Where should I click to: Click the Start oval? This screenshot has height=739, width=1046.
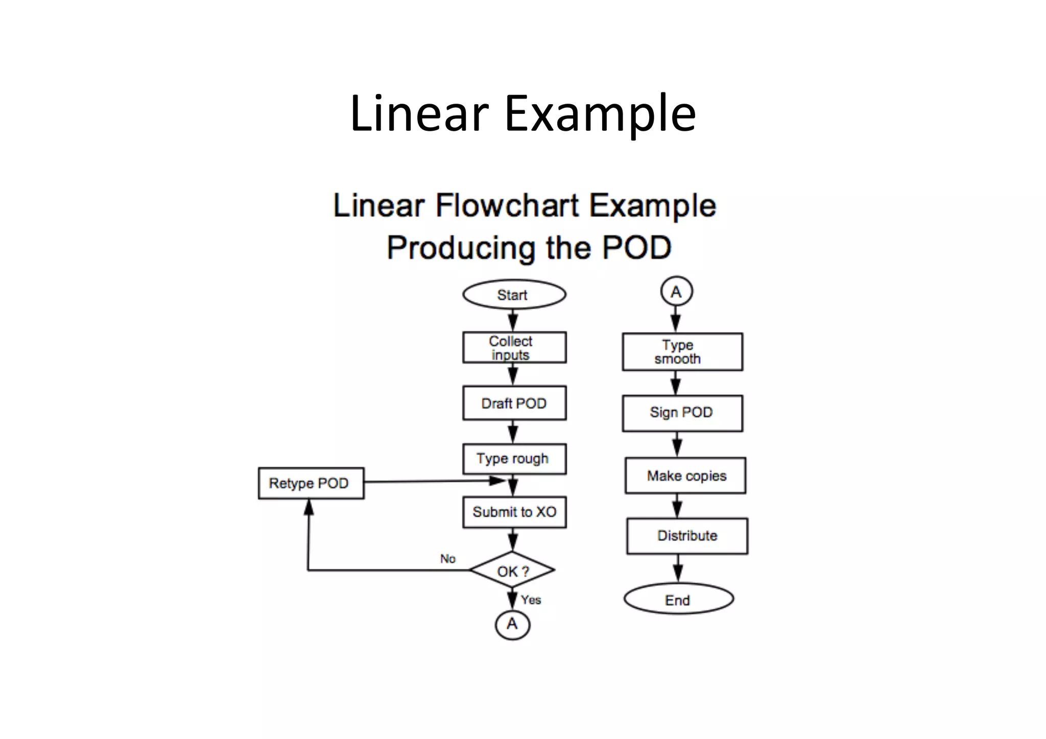click(x=514, y=295)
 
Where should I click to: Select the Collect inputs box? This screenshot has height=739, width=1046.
click(x=514, y=348)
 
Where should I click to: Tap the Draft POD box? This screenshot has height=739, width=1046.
click(x=514, y=403)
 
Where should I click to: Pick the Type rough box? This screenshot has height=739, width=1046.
click(x=514, y=459)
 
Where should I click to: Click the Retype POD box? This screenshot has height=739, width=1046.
click(x=311, y=483)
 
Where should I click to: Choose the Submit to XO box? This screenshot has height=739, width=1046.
click(x=514, y=512)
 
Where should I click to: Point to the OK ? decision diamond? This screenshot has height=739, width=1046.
click(x=512, y=570)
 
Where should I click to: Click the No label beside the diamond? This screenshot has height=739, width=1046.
click(x=447, y=559)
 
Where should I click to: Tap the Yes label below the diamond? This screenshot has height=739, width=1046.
click(x=531, y=600)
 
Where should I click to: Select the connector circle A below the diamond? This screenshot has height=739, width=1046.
click(x=512, y=624)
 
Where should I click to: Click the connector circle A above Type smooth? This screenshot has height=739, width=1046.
click(x=676, y=292)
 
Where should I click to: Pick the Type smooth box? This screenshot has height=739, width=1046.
click(x=682, y=352)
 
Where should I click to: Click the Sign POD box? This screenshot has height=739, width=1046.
click(x=682, y=413)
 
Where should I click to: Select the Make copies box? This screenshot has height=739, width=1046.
click(x=685, y=475)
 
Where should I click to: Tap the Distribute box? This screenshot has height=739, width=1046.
click(x=687, y=536)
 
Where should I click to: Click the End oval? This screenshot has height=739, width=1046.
click(x=678, y=599)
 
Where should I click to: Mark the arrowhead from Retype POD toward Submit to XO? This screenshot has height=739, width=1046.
click(x=497, y=481)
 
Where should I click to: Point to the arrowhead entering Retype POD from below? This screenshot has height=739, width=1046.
click(x=308, y=507)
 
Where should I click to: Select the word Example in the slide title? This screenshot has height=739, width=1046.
click(x=600, y=113)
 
